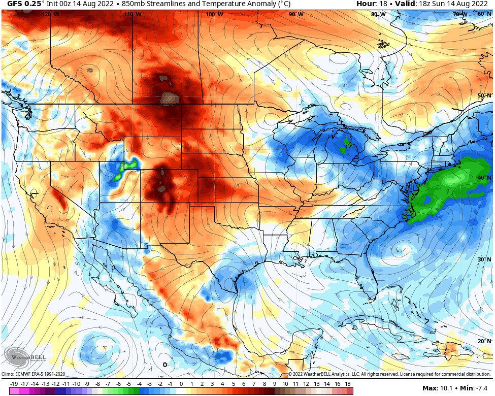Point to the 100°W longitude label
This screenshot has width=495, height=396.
(x=214, y=14)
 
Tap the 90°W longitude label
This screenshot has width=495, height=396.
(x=296, y=14)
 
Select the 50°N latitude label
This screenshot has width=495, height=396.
(x=484, y=95)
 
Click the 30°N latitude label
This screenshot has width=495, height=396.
(x=484, y=259)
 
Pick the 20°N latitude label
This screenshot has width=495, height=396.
(x=484, y=341)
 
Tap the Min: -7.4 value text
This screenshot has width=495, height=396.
(x=475, y=388)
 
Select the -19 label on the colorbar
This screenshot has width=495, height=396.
(x=14, y=384)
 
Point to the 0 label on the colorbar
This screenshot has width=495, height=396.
(x=181, y=384)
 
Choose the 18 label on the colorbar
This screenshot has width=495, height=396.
(x=348, y=384)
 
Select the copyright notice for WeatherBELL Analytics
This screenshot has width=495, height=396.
(x=388, y=374)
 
